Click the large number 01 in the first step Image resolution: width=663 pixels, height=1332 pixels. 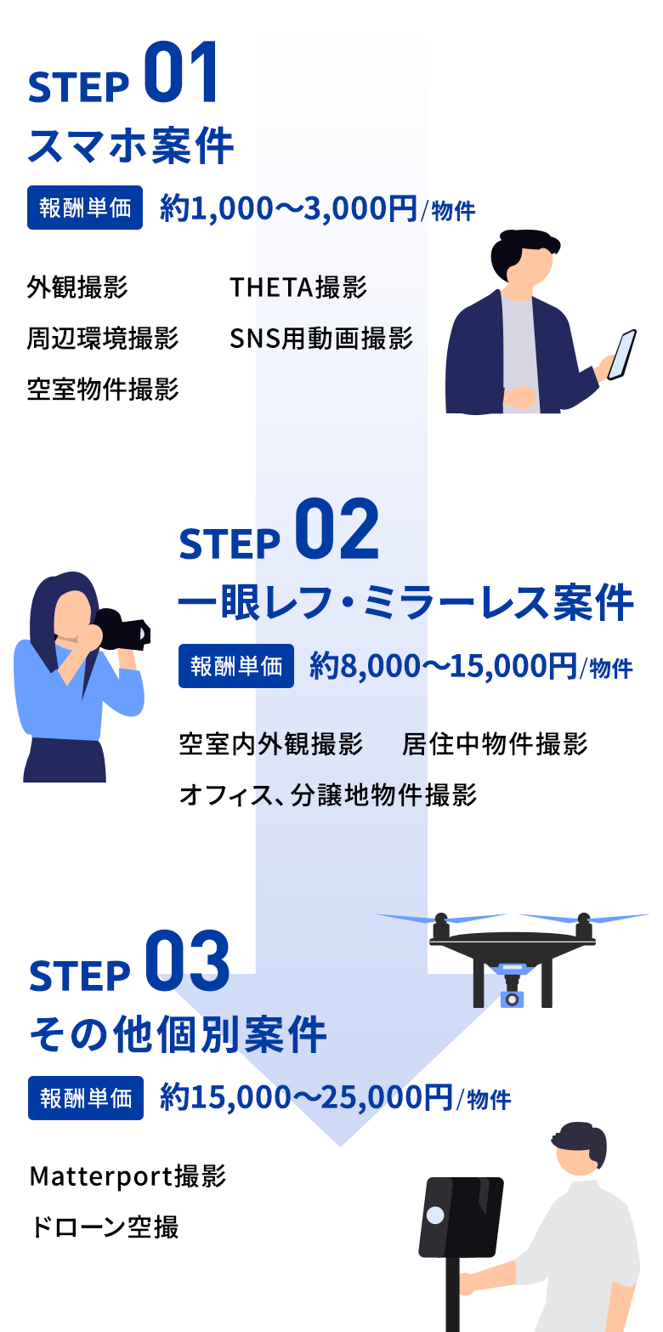point(180,72)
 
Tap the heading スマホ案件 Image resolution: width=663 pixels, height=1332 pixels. point(131,145)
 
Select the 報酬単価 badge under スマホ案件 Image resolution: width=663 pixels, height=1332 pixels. point(85,208)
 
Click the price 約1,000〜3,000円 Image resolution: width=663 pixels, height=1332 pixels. point(289,208)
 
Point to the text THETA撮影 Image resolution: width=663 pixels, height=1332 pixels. point(298,287)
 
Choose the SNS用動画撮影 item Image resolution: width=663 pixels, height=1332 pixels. point(321,339)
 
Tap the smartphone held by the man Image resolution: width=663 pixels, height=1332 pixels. point(621,355)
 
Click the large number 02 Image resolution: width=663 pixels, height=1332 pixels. point(337,529)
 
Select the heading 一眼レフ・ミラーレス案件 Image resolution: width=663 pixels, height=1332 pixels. point(406,602)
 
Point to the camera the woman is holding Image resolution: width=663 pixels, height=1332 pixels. point(122,629)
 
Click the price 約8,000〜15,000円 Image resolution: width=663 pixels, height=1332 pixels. point(443,666)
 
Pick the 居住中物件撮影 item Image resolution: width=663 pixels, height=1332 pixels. point(495,744)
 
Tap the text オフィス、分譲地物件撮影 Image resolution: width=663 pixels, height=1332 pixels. point(328,795)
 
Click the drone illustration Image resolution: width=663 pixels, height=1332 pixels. point(513,959)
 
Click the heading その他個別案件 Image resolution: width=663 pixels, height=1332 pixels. point(178,1034)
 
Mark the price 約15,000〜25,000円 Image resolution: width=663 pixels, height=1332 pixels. point(307,1097)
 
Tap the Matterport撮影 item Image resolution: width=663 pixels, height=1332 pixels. point(127,1176)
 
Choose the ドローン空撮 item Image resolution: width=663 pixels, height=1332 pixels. point(105,1227)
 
